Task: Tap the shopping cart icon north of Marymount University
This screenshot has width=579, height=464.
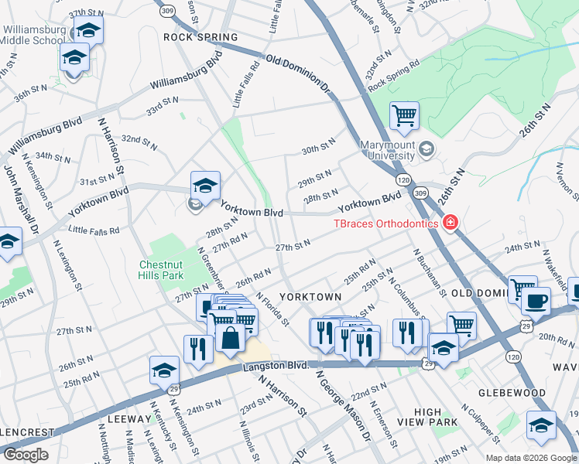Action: tap(404, 117)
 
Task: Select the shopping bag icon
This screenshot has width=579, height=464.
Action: tap(231, 338)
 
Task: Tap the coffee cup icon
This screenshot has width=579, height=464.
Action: tap(536, 301)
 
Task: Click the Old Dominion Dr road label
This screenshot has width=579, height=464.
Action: tap(298, 74)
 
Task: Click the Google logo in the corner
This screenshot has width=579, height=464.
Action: tap(26, 454)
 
